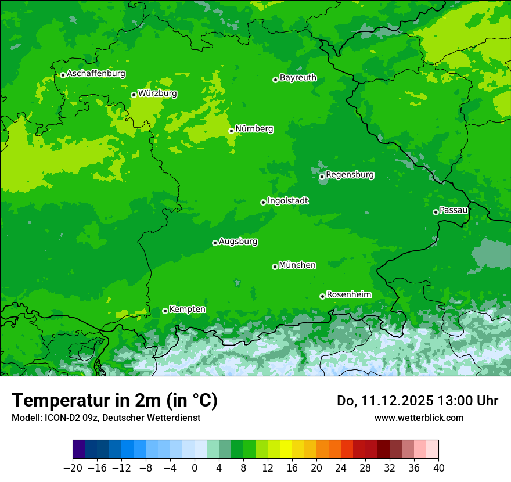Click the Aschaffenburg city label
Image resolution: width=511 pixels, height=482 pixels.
[96, 74]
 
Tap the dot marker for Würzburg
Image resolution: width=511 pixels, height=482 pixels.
[134, 95]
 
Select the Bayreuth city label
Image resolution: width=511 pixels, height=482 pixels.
[298, 78]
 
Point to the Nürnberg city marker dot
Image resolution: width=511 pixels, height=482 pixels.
[231, 131]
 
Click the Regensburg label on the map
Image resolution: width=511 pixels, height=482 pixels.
[350, 175]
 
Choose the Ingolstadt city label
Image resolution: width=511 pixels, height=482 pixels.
[287, 201]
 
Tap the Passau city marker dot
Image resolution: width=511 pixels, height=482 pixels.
[436, 212]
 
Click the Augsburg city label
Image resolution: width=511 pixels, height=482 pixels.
[238, 242]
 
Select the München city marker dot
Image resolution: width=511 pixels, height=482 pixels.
[275, 267]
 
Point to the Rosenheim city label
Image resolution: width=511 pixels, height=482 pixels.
[348, 295]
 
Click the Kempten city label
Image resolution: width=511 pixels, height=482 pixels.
[187, 310]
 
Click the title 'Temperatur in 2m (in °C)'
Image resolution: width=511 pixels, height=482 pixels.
[114, 401]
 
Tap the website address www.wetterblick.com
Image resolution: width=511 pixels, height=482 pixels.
[419, 418]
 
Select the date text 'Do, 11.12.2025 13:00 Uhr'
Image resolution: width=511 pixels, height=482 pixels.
[417, 401]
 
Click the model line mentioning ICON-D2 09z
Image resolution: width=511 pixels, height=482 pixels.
[106, 418]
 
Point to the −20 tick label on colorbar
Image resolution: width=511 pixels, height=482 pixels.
[73, 468]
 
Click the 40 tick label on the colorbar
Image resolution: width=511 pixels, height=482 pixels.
[438, 468]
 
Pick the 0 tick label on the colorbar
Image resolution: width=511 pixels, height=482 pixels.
[195, 468]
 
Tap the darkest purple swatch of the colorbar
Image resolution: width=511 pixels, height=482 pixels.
[78, 449]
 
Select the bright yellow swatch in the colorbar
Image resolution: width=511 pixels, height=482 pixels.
[286, 449]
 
